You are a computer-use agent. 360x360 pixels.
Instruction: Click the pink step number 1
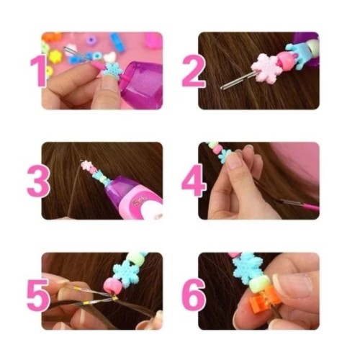pyautogui.click(x=38, y=71)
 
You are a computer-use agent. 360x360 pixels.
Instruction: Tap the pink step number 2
pyautogui.click(x=194, y=71)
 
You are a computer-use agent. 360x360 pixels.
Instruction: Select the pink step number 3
pyautogui.click(x=38, y=181)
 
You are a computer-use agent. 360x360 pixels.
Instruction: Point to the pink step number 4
pyautogui.click(x=194, y=181)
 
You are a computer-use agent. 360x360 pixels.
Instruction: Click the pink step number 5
pyautogui.click(x=38, y=294)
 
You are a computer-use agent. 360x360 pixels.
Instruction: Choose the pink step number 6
pyautogui.click(x=194, y=294)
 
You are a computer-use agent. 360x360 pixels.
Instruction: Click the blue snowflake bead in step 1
pyautogui.click(x=113, y=70)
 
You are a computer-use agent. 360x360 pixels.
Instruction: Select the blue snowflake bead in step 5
pyautogui.click(x=127, y=274)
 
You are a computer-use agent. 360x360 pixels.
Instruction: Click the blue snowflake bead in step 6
pyautogui.click(x=247, y=269)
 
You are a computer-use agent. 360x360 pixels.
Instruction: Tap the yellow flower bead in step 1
pyautogui.click(x=55, y=57)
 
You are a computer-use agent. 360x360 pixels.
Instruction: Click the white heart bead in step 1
pyautogui.click(x=109, y=58)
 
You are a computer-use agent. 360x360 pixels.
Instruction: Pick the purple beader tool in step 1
pyautogui.click(x=142, y=84)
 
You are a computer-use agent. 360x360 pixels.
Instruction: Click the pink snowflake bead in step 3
pyautogui.click(x=86, y=165)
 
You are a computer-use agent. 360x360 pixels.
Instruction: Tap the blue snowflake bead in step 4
pyautogui.click(x=225, y=156)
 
